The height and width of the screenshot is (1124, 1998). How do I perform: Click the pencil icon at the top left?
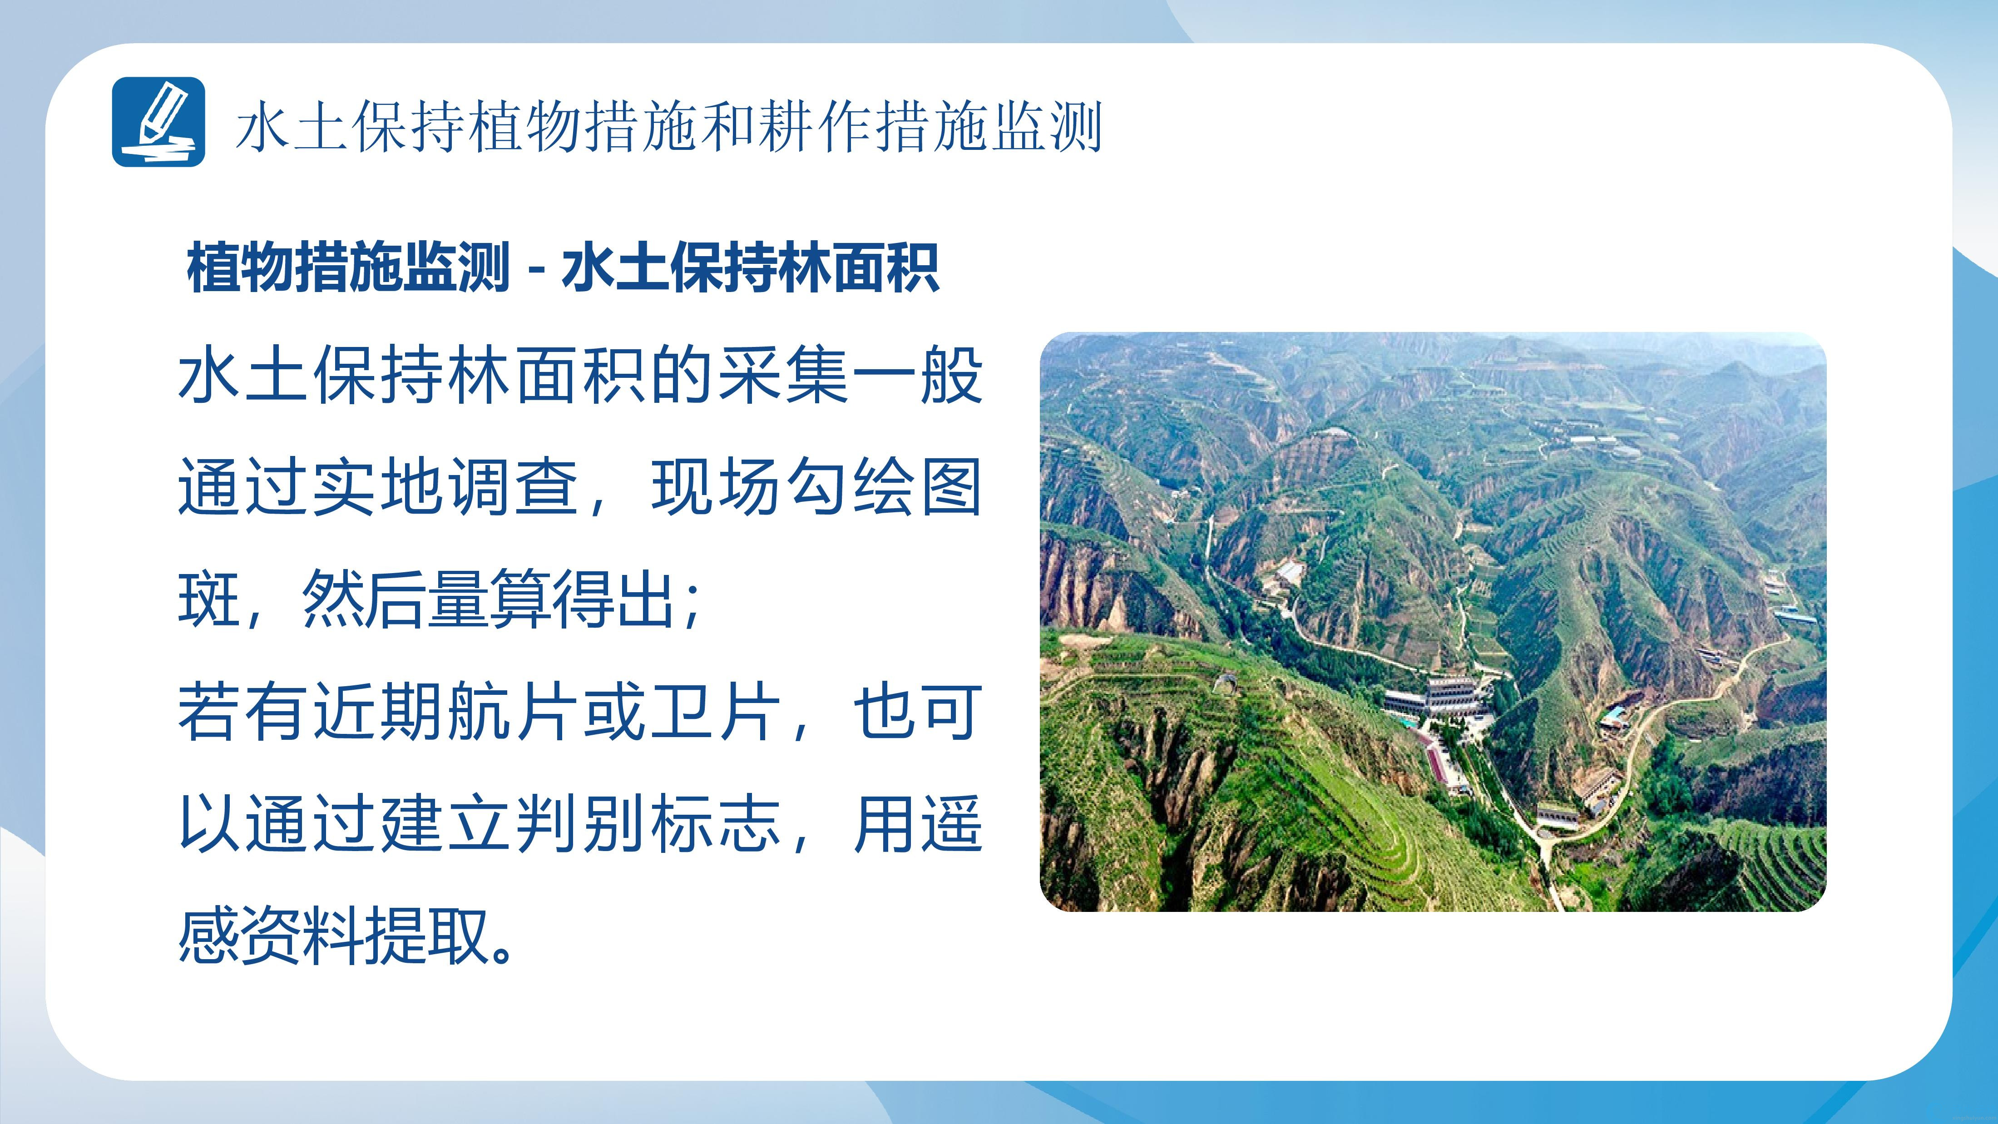pos(158,122)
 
